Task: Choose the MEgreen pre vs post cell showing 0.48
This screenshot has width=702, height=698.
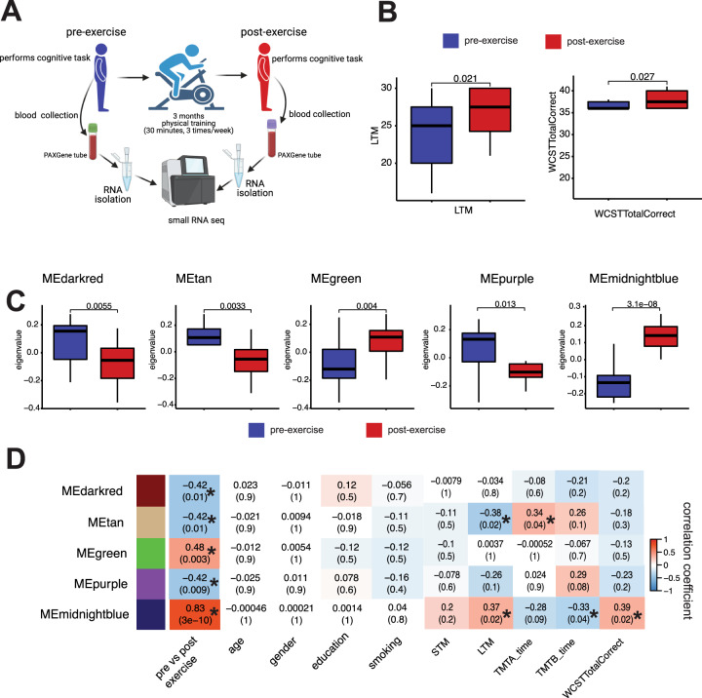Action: (x=193, y=523)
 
